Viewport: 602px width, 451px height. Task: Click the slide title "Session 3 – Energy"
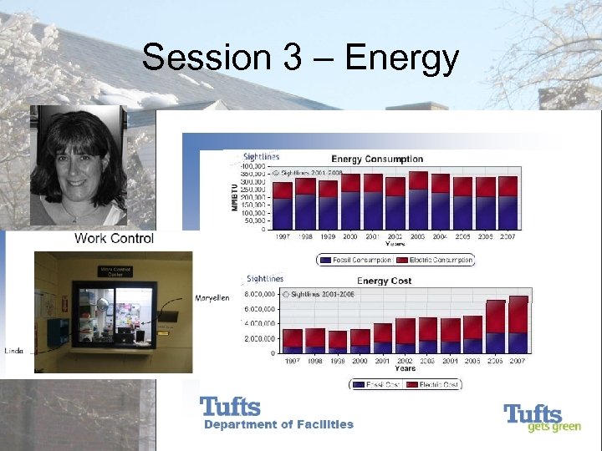[301, 58]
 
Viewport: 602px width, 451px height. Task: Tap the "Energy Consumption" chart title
[377, 159]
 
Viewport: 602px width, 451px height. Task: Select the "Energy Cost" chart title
[384, 281]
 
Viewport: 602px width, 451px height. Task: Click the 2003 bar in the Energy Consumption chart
[418, 200]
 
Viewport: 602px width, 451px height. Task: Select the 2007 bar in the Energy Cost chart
[518, 325]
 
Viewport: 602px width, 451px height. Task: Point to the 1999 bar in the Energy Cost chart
[337, 341]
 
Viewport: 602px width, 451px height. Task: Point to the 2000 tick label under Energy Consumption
[350, 237]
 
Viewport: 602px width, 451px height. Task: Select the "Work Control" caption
[114, 239]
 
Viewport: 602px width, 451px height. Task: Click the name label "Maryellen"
[212, 297]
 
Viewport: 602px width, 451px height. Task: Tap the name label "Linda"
[15, 349]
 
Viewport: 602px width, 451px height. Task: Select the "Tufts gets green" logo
[533, 418]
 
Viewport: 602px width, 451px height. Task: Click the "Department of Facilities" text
[279, 424]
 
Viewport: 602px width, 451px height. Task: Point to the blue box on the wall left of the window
[57, 332]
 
